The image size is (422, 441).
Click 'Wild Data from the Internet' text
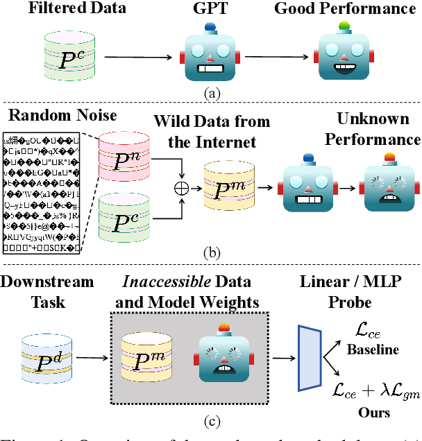212,131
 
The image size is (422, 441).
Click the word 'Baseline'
373,350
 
